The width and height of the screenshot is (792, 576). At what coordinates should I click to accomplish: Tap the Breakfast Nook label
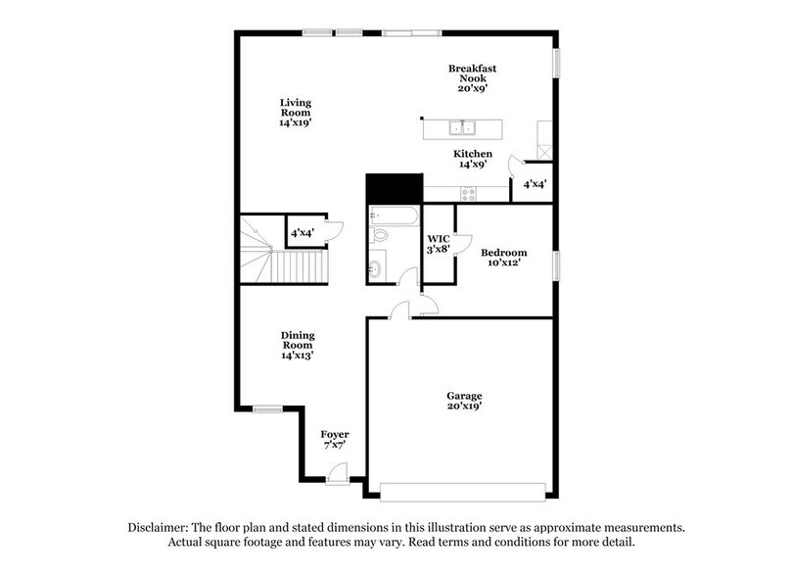coord(473,77)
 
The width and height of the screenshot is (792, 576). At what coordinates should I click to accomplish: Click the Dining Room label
coord(298,346)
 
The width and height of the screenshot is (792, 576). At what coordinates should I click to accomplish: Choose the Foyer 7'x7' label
coord(335,439)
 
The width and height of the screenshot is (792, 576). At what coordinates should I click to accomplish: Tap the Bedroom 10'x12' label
coord(504,257)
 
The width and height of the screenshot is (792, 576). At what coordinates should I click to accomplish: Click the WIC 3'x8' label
coord(438,244)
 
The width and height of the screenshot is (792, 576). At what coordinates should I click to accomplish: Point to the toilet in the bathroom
coord(380,236)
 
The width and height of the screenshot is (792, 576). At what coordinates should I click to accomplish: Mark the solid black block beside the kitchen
coord(392,188)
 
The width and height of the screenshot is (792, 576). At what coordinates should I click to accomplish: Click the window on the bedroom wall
coord(557,264)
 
